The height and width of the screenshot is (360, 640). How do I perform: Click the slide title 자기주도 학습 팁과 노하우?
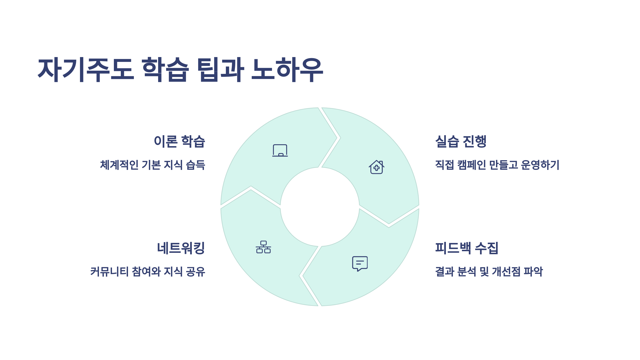(181, 70)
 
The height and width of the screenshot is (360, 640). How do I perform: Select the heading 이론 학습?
(179, 141)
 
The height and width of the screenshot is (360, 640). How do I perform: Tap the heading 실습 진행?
(461, 141)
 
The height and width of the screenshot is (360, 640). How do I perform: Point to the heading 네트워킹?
(181, 248)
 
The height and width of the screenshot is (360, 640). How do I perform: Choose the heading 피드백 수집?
(467, 248)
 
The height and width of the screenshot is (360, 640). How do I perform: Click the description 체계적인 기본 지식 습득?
(153, 165)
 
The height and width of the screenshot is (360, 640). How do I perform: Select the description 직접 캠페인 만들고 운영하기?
(497, 165)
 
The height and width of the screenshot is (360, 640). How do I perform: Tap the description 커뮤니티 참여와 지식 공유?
(148, 271)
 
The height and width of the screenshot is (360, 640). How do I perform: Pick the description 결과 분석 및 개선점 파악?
(489, 271)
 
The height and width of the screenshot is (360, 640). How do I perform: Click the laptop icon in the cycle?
(280, 151)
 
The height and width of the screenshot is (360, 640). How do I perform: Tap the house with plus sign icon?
(377, 167)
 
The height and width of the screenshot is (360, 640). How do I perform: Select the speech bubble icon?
(360, 263)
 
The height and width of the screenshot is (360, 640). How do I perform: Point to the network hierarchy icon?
(263, 247)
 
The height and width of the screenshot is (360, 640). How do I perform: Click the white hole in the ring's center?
(320, 207)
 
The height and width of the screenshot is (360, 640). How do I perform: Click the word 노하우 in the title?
(287, 70)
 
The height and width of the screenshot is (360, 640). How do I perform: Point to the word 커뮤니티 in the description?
(110, 271)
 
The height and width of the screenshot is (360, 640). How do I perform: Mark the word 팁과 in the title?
(220, 70)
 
